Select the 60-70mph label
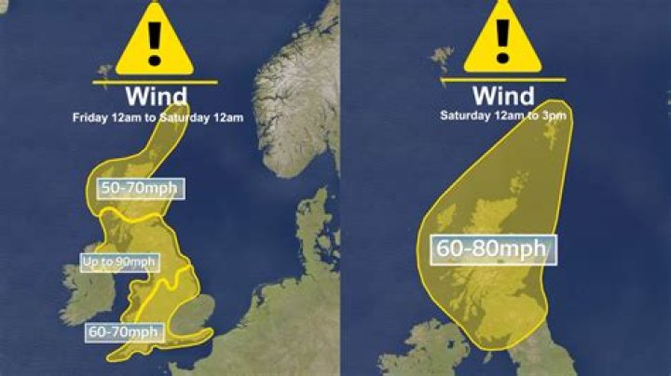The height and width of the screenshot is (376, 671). tap(124, 330)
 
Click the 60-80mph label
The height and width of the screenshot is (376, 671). tap(494, 250)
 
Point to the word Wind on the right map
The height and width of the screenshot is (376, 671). tap(503, 95)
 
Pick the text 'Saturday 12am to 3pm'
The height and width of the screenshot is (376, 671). tap(503, 115)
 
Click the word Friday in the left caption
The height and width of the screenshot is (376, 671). tap(91, 117)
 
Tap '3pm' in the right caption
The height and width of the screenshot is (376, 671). tap(555, 115)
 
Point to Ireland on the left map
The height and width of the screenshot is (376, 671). tap(79, 298)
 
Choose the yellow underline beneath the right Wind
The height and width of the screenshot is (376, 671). tap(503, 80)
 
